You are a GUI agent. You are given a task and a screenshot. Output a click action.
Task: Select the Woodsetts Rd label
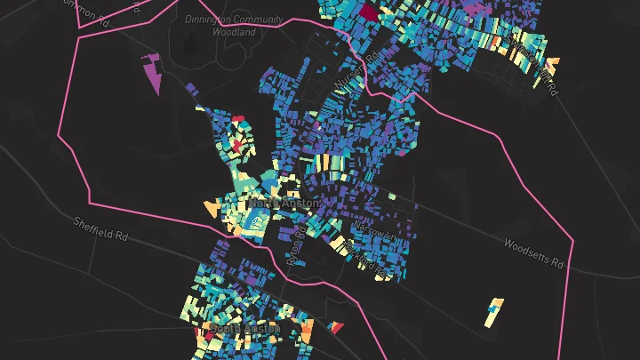pos(534,252)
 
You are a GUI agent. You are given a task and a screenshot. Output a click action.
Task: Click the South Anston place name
pos(244,329)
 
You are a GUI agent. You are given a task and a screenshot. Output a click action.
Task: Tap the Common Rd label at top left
pos(89,11)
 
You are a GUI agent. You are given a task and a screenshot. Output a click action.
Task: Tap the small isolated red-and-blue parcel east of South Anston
pos(335,327)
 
